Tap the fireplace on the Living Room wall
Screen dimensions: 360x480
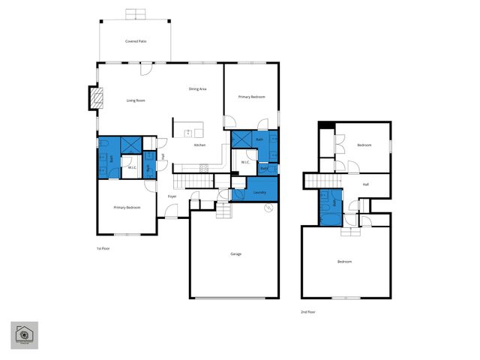[x=94, y=98]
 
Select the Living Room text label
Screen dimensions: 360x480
[x=136, y=100]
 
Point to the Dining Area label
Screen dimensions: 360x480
[x=197, y=89]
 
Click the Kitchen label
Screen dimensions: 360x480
[x=199, y=145]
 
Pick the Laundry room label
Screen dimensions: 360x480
[x=259, y=192]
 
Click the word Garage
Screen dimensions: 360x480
[x=235, y=254]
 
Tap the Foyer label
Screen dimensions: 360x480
[x=172, y=196]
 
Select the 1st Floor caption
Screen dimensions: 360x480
[x=102, y=248]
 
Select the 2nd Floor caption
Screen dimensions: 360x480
[x=307, y=310]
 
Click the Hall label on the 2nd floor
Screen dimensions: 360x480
[x=365, y=184]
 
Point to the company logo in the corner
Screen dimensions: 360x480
[x=24, y=335]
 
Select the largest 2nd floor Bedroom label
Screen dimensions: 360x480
[x=344, y=262]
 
